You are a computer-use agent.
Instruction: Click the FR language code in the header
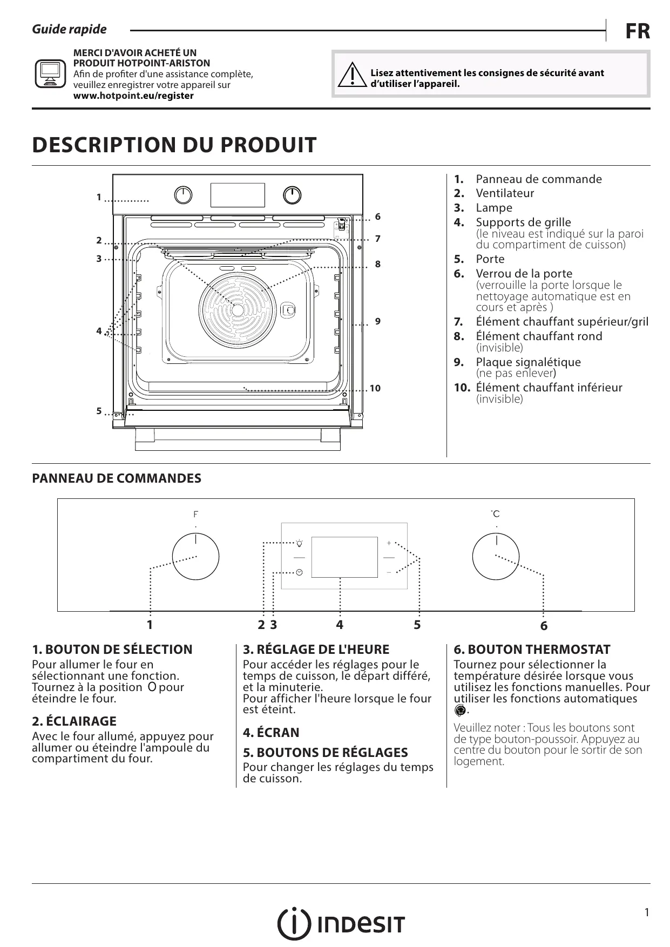(x=638, y=31)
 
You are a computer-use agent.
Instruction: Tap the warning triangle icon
(x=351, y=76)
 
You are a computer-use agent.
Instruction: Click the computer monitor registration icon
(x=50, y=74)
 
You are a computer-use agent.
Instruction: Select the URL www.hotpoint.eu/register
(x=133, y=96)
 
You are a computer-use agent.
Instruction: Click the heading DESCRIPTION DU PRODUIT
(x=174, y=145)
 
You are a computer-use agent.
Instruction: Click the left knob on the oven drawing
(x=184, y=195)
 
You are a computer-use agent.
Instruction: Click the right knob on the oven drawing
(x=292, y=195)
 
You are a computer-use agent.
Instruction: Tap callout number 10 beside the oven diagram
(x=375, y=388)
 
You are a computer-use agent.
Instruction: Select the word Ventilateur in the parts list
(x=504, y=193)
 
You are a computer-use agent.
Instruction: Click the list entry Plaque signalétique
(x=527, y=362)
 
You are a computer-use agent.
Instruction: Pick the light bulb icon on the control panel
(x=299, y=543)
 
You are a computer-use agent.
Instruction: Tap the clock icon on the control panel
(x=299, y=571)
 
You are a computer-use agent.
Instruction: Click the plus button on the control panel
(x=389, y=543)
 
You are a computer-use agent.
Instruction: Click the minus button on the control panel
(x=389, y=571)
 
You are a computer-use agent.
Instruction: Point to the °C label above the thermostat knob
(x=495, y=513)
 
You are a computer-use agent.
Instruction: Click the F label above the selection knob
(x=195, y=514)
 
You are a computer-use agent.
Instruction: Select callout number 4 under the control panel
(x=339, y=625)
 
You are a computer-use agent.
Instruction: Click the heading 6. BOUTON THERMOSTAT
(x=531, y=650)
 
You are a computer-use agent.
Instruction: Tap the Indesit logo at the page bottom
(x=341, y=925)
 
